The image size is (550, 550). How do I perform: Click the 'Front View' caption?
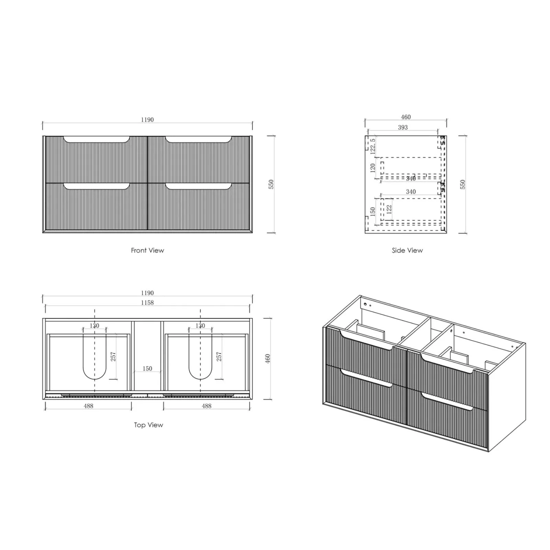click(147, 250)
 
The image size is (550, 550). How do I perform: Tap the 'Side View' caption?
click(407, 250)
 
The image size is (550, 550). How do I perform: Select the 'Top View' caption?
click(148, 425)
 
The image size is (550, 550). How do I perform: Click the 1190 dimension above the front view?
click(147, 120)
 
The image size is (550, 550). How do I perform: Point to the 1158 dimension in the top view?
click(147, 302)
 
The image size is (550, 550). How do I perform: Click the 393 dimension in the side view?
click(403, 128)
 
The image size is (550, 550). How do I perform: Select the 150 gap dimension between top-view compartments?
click(147, 368)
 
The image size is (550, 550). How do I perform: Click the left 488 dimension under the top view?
click(88, 406)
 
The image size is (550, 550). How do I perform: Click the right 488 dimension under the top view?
click(206, 406)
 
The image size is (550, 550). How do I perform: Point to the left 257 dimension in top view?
click(113, 356)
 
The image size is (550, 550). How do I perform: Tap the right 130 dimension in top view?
click(200, 326)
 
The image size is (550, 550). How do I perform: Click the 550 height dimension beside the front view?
click(271, 184)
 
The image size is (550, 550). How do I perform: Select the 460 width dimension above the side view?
click(406, 117)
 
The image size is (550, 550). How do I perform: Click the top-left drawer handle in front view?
click(97, 140)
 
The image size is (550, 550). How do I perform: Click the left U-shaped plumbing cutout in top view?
click(95, 357)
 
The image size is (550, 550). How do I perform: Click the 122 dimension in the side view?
click(389, 209)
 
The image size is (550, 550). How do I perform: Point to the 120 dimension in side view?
click(373, 168)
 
